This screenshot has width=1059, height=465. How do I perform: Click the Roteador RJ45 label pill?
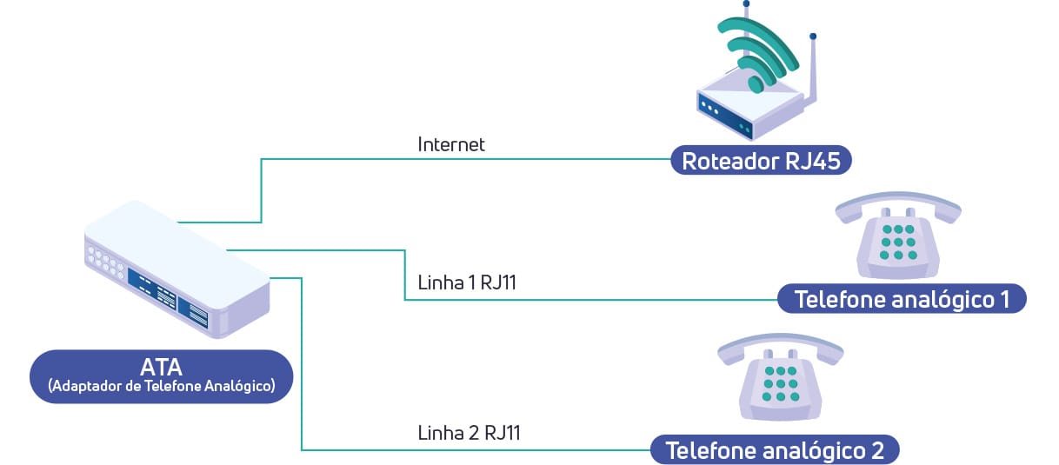[759, 162]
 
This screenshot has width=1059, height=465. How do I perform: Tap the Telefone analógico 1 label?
[902, 300]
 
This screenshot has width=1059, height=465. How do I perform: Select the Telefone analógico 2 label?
[774, 450]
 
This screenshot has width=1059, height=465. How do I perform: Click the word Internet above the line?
[450, 144]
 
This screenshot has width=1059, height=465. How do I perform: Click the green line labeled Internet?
[470, 159]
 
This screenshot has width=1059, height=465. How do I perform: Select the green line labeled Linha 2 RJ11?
[470, 449]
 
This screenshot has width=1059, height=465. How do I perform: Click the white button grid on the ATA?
[104, 260]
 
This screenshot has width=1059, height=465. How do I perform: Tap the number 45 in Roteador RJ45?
[821, 162]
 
